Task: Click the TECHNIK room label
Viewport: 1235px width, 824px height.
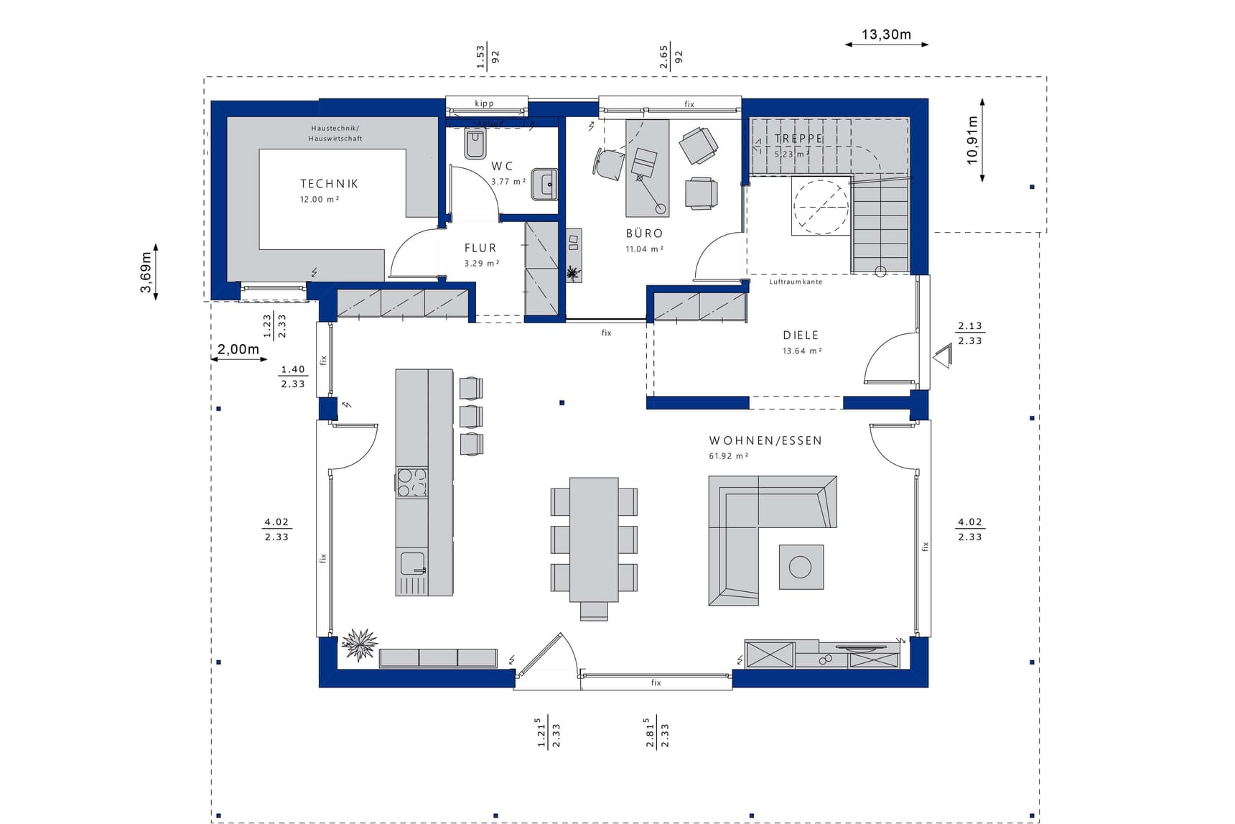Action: (329, 184)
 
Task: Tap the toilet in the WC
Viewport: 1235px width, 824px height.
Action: (475, 144)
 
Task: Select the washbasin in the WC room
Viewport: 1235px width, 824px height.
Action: (544, 185)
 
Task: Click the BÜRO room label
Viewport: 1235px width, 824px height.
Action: (644, 233)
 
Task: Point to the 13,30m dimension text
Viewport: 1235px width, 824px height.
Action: (886, 34)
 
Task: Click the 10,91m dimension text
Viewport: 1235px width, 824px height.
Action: (973, 141)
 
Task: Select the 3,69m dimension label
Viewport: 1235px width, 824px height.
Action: (146, 272)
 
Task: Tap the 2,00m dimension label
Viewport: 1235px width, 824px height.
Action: (238, 349)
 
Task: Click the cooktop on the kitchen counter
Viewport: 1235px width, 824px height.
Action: (412, 482)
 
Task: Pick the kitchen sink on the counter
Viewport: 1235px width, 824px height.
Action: (412, 563)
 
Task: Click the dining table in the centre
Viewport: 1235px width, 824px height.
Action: (594, 540)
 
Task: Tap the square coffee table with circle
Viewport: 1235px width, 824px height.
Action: (801, 567)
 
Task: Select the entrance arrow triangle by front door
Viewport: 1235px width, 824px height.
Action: (943, 356)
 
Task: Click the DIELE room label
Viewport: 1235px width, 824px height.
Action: (801, 335)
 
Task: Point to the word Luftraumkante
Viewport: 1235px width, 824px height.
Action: (796, 282)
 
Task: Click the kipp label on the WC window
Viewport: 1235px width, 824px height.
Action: (485, 103)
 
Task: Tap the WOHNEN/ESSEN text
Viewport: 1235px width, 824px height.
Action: (765, 441)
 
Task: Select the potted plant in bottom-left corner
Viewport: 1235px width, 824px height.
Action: (359, 644)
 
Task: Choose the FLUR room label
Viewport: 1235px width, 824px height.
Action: (480, 248)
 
